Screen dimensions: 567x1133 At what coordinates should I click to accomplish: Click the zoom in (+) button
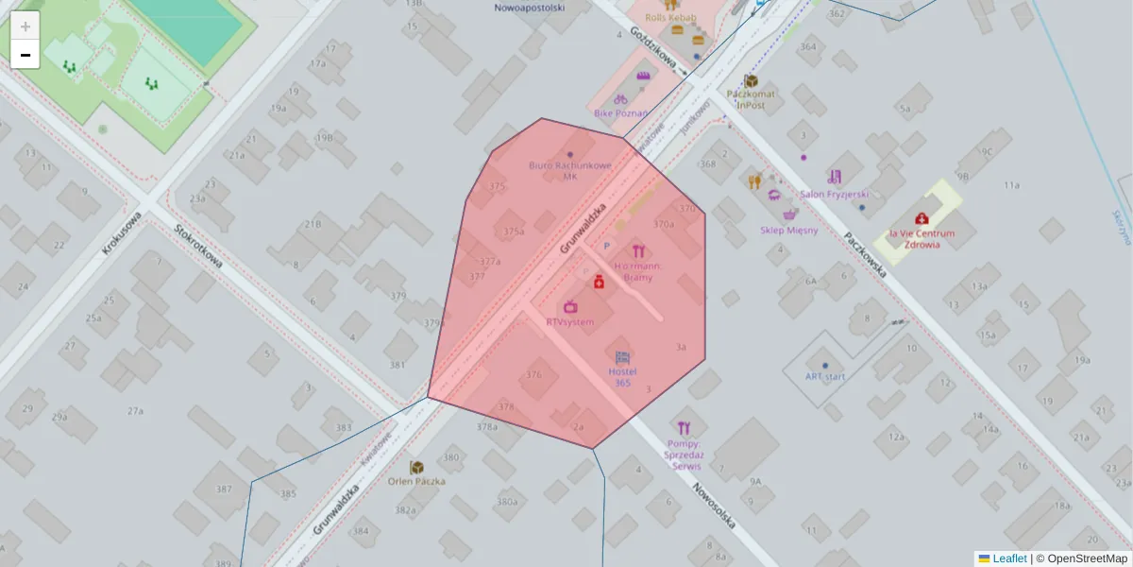tap(25, 26)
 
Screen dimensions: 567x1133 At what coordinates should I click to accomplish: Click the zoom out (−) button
tap(25, 55)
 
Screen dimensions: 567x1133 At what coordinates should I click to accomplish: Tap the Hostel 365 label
tap(622, 377)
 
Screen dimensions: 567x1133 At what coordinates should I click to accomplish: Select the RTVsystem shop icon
tap(570, 306)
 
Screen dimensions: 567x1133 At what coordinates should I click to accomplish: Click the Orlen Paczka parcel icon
tap(416, 467)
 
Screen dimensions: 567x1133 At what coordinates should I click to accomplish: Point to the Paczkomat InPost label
tap(752, 99)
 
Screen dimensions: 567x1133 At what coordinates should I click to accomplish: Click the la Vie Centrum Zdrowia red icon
tap(921, 218)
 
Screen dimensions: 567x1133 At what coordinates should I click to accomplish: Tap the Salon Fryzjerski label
tap(834, 194)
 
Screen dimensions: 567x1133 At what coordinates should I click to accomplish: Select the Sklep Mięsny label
tap(788, 230)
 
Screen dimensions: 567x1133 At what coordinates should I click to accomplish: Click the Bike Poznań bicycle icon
tap(620, 98)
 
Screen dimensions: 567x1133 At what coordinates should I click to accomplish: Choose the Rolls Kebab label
tap(670, 17)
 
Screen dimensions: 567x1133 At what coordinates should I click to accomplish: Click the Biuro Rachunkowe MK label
tap(569, 170)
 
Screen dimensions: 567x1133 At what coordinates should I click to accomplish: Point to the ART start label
tap(824, 376)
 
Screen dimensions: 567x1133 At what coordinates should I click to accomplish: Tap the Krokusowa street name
tap(122, 233)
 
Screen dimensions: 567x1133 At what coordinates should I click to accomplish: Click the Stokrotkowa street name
tap(198, 246)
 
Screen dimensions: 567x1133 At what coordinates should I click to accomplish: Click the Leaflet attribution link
tap(1009, 558)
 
